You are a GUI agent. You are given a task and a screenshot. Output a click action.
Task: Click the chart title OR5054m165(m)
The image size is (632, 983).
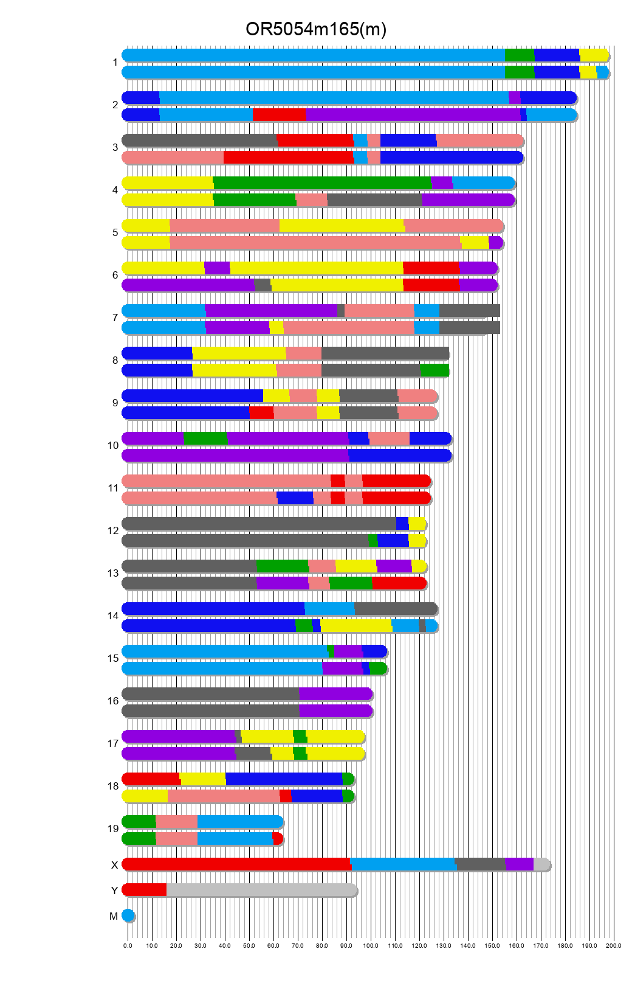[315, 29]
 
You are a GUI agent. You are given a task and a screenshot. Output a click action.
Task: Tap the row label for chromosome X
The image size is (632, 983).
[114, 865]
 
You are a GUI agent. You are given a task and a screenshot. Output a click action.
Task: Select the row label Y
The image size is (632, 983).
[114, 891]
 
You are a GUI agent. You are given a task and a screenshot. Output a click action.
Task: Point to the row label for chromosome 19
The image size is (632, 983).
[113, 828]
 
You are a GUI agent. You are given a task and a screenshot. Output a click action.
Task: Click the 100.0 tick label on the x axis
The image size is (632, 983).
[371, 945]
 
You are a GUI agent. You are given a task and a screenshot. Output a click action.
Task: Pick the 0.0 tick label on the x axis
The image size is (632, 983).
[128, 945]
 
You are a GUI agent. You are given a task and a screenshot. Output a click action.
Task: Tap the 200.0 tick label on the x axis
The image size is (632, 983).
[613, 945]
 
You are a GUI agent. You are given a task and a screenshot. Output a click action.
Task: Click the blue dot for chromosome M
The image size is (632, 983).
[128, 915]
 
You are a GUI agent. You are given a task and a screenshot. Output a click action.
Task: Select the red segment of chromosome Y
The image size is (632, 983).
[145, 890]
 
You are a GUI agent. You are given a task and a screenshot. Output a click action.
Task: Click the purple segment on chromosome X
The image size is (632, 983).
[519, 864]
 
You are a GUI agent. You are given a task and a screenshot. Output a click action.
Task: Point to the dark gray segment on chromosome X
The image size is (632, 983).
[480, 864]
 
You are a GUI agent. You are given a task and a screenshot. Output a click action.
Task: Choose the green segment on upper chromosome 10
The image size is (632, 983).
[205, 439]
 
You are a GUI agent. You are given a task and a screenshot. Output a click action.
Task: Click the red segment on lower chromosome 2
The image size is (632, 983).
[279, 115]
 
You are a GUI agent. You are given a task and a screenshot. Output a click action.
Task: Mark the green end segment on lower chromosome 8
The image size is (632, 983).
[434, 370]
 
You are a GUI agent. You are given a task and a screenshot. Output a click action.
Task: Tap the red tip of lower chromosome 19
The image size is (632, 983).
[277, 839]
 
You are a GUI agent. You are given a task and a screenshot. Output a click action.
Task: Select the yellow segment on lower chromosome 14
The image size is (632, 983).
[355, 626]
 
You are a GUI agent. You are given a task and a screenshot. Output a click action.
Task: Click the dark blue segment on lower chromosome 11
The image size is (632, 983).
[295, 498]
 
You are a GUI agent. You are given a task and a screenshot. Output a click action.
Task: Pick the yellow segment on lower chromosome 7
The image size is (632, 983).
[276, 328]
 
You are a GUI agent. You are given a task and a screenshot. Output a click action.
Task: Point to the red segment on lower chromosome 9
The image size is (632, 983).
[261, 413]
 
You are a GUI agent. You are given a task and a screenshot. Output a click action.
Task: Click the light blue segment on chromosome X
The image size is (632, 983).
[402, 864]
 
